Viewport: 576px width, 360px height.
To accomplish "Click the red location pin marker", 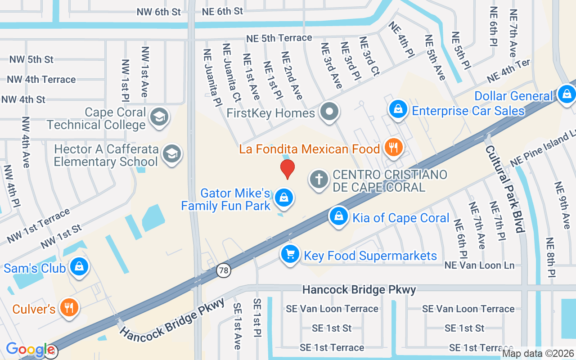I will [288, 169].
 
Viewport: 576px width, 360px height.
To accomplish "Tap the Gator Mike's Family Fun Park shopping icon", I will [284, 198].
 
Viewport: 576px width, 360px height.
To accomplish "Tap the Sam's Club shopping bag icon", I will [79, 266].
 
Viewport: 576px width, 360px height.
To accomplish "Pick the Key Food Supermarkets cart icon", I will [290, 254].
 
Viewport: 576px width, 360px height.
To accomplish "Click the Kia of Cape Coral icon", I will [339, 216].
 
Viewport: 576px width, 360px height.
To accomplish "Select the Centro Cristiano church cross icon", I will [319, 180].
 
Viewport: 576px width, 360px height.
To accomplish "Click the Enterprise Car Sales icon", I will [398, 109].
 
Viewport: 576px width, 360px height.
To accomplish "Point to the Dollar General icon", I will [567, 94].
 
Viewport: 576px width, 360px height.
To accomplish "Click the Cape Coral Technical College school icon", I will [158, 117].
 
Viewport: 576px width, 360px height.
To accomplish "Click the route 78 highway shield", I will [223, 270].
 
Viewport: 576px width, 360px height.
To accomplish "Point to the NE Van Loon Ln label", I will [479, 265].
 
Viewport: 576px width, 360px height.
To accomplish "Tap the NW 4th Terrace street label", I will [41, 80].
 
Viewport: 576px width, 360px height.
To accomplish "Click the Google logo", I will [30, 349].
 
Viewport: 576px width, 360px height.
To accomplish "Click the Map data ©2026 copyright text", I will [537, 354].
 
